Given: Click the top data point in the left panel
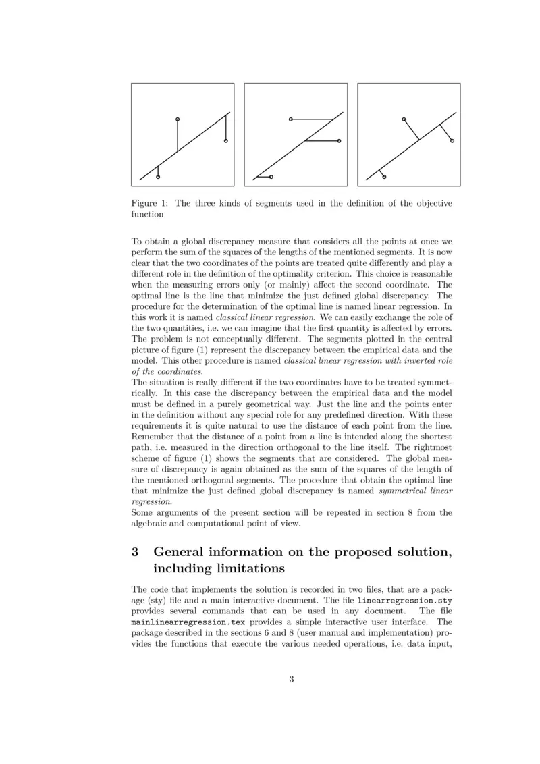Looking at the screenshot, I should tap(178, 119).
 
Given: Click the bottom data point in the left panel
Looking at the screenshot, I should tap(158, 177).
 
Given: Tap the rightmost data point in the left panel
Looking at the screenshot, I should tap(225, 140).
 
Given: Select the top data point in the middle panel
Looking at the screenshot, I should tap(290, 119).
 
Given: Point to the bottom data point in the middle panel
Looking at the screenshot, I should tap(271, 177).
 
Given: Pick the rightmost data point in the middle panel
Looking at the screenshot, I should tap(339, 140).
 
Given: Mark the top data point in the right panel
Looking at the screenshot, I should tap(403, 119).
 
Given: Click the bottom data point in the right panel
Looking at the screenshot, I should tap(384, 177).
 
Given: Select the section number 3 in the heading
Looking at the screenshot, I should tap(135, 551).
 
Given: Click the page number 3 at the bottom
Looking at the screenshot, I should tap(292, 679).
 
